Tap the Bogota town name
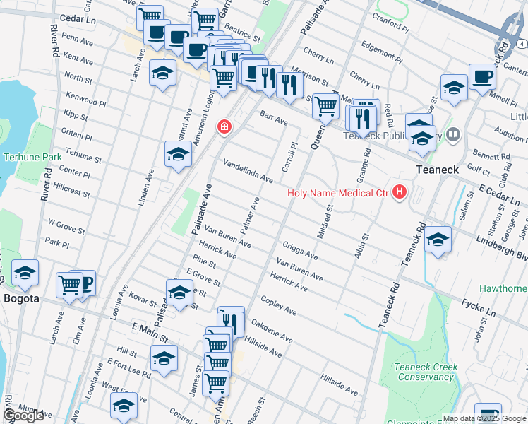tap(22, 299)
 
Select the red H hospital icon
tap(400, 192)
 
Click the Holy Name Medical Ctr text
tap(337, 192)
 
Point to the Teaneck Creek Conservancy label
tap(425, 372)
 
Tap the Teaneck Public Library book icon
tap(453, 134)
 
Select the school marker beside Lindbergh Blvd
tap(438, 240)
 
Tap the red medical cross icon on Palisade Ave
tap(224, 126)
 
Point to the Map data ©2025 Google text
tap(484, 418)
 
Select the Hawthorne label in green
tap(504, 288)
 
